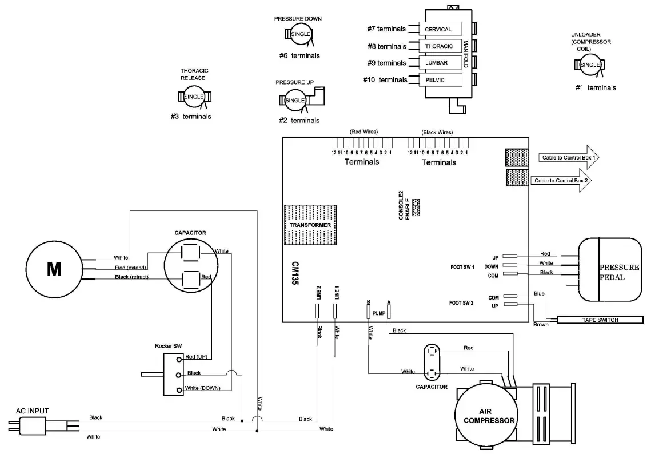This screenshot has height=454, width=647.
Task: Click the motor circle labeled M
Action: [54, 268]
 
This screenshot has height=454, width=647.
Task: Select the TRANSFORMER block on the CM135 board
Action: [310, 225]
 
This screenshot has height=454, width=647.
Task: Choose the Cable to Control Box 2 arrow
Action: [564, 180]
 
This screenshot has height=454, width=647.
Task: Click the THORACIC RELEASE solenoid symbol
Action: [194, 97]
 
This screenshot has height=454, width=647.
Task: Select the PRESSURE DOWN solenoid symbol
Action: [301, 35]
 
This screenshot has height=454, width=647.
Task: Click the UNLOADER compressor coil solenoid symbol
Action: [590, 65]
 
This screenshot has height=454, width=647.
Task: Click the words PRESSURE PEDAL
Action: [618, 272]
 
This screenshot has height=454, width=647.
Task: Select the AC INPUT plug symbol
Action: [29, 425]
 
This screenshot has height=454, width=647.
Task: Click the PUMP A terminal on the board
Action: [389, 312]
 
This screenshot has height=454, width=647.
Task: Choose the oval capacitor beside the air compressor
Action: [432, 361]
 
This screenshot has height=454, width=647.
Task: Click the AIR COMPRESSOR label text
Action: [488, 416]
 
